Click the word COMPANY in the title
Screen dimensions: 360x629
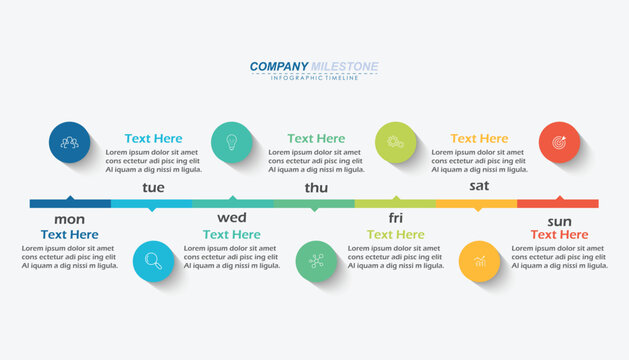279,67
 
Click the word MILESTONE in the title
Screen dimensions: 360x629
345,67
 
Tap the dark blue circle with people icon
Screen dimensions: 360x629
70,142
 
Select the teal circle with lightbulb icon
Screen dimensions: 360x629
232,142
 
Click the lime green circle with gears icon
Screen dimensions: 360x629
396,142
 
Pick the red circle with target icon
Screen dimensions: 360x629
559,142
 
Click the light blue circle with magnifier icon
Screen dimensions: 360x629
153,261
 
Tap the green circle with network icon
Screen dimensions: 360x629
316,261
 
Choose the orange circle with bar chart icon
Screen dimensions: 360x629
479,261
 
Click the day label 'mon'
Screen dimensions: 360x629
69,219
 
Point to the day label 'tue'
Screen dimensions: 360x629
153,187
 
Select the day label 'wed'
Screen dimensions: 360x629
232,218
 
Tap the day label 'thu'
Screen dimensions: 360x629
316,187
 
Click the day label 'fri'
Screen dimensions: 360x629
396,218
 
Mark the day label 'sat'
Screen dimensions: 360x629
479,186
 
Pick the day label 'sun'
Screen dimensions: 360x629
559,220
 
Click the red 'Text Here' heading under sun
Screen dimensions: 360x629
559,235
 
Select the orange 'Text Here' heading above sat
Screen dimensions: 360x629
479,139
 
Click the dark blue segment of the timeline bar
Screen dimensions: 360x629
70,203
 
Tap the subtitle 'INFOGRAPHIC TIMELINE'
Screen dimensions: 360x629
314,78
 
